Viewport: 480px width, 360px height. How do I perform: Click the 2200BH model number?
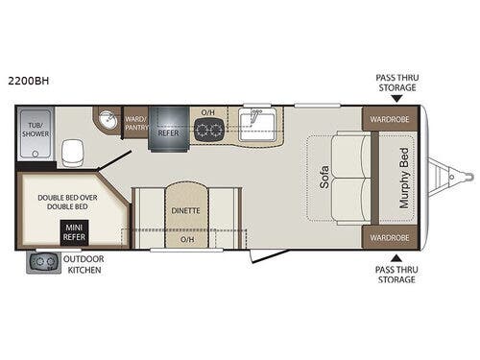click(29, 81)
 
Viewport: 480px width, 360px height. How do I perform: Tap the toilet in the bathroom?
click(73, 153)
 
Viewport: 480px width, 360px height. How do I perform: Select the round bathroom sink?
click(108, 120)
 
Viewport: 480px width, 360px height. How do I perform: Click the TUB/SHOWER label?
click(36, 130)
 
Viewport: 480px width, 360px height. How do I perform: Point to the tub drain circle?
click(36, 154)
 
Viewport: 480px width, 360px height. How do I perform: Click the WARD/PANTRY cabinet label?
click(136, 123)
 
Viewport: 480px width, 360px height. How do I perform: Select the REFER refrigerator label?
click(168, 132)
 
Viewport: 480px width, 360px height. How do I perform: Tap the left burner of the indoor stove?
click(202, 130)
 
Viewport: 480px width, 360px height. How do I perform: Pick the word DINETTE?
click(185, 210)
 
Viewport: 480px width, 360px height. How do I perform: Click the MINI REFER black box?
click(75, 232)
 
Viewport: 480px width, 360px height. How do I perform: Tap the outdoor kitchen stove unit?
click(44, 263)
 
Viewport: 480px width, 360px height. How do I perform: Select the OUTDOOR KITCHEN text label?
click(84, 264)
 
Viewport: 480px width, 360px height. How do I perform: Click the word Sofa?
click(324, 177)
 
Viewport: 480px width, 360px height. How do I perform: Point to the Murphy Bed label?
click(404, 178)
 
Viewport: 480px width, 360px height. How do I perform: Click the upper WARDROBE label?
click(390, 119)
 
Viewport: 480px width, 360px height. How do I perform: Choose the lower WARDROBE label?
click(390, 238)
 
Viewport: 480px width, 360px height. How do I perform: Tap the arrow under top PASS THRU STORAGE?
click(396, 99)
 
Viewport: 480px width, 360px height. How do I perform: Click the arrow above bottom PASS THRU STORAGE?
click(396, 258)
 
